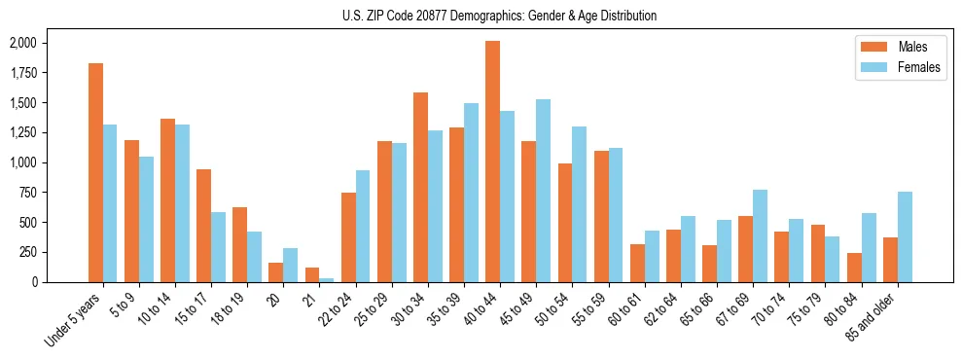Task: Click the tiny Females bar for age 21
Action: click(326, 279)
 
